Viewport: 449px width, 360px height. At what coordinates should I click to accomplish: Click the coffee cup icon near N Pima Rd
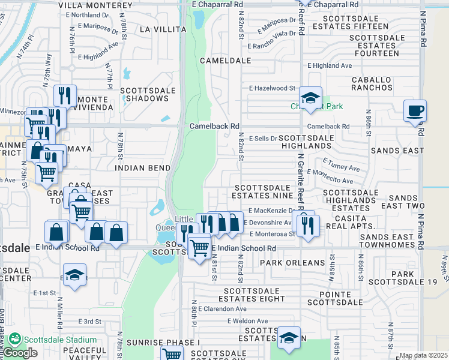coord(415,111)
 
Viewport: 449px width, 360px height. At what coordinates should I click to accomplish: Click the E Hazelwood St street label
coord(273,88)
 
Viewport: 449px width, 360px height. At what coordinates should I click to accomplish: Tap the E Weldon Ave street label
coord(247,321)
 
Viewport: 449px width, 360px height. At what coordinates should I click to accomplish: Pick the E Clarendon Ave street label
coord(221,308)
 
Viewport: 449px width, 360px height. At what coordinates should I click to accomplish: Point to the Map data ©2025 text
coord(423,356)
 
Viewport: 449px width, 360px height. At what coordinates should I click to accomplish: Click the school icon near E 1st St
coord(74,275)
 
